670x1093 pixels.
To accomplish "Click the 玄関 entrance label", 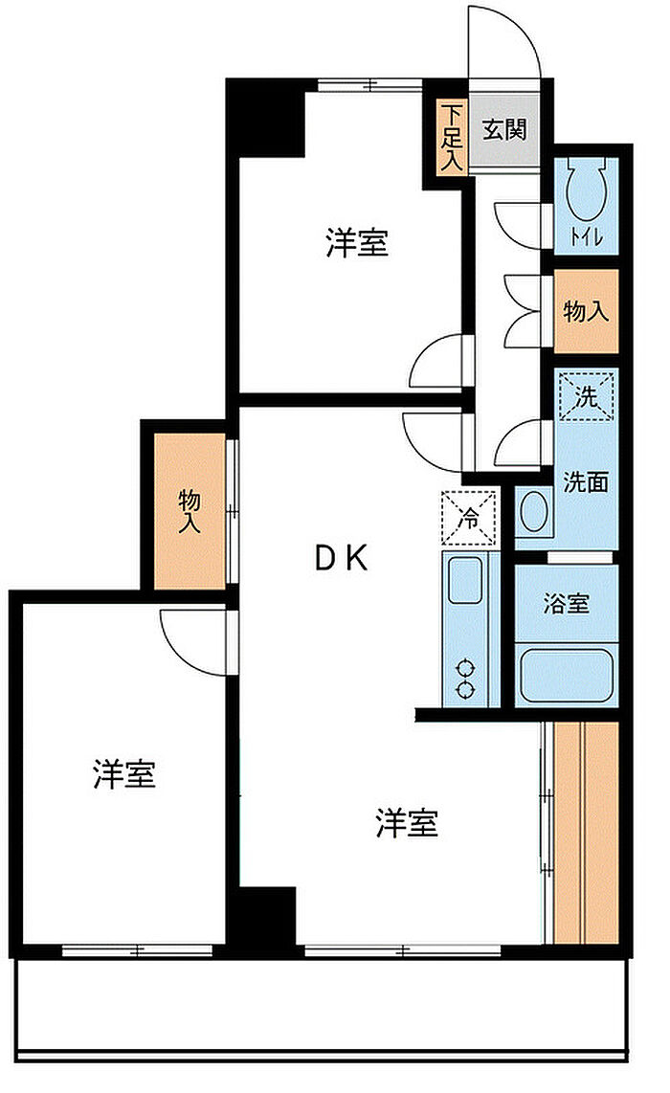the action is point(504,130).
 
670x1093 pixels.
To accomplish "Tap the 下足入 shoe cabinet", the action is point(451,137).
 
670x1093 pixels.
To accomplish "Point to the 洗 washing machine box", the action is point(587,396).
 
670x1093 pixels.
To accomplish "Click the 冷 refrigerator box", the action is point(469,518).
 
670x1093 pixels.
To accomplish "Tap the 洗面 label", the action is point(586,481).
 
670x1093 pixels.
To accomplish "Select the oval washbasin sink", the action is point(534,512).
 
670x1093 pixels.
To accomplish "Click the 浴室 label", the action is point(566,604).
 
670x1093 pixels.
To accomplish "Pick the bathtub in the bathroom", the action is point(566,674).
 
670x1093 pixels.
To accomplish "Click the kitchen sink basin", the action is point(465,580).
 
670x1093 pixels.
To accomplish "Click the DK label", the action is point(342,558).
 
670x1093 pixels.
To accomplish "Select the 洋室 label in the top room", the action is point(357,242).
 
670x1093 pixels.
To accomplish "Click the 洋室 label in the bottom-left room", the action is point(124,773).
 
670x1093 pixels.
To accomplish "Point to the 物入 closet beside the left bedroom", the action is point(190,510).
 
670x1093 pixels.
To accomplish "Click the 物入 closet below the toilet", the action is point(586,311).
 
